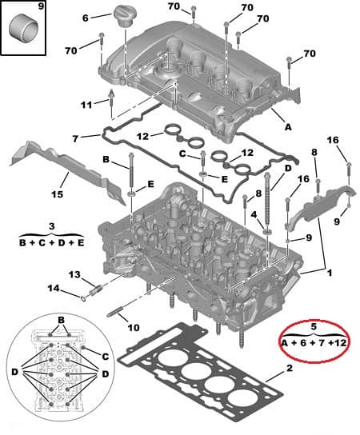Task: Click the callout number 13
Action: click(x=74, y=274)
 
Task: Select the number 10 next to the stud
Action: click(x=133, y=326)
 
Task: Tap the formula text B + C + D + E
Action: click(x=51, y=241)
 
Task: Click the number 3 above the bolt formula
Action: click(x=51, y=226)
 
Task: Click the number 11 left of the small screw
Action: click(x=86, y=105)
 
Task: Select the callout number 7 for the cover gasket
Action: click(x=74, y=138)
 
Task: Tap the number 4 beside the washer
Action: click(x=254, y=214)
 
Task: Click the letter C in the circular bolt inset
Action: click(x=105, y=354)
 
